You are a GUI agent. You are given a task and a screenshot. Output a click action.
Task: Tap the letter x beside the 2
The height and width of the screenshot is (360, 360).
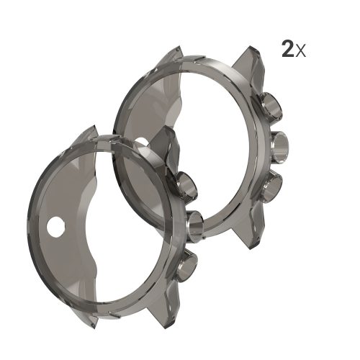300,52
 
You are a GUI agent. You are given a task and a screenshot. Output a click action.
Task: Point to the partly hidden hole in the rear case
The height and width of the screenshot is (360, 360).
142,142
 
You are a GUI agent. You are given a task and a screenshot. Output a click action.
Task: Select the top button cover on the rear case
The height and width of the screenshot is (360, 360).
271,107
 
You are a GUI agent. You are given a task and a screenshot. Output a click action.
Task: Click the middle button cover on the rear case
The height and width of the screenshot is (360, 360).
279,147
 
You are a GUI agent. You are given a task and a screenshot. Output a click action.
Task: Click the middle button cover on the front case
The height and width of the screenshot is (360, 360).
195,225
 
